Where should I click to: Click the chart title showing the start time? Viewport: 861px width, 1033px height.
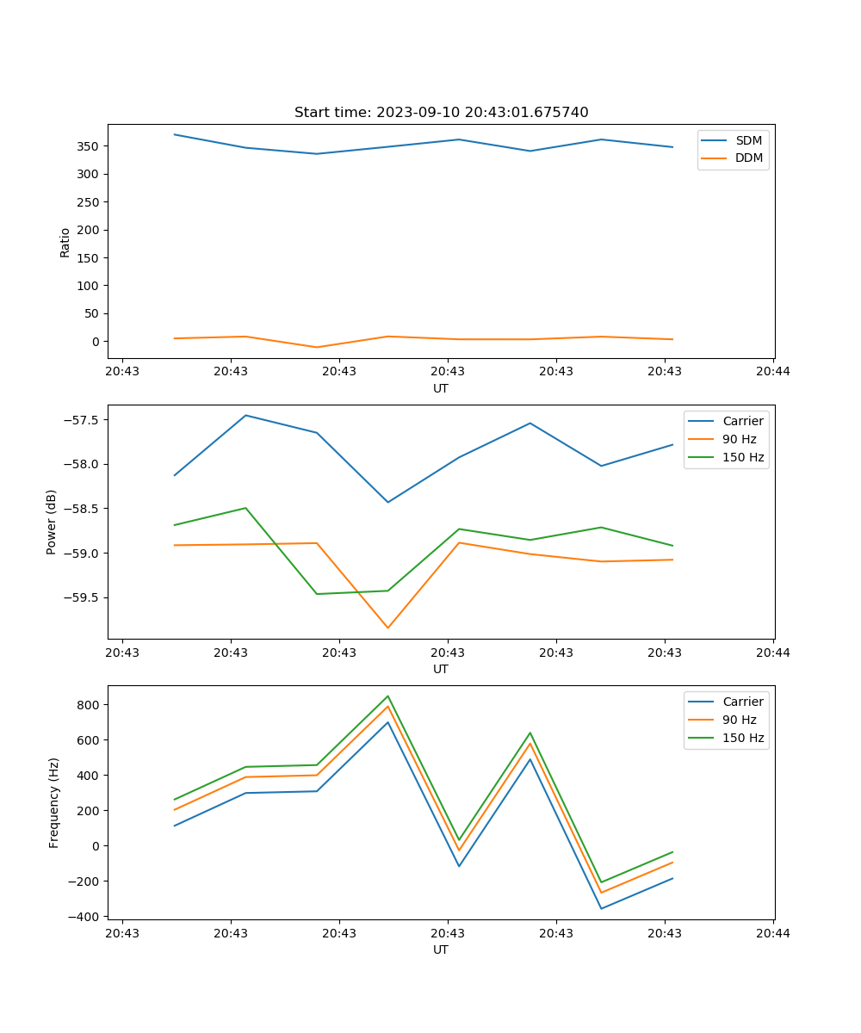point(441,113)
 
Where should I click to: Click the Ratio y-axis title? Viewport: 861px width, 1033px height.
point(65,242)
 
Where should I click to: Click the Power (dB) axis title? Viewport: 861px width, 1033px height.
point(52,522)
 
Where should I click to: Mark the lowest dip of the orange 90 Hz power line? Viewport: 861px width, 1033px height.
point(387,628)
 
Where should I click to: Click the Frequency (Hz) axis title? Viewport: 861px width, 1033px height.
point(54,802)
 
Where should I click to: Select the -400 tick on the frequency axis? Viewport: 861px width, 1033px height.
point(86,917)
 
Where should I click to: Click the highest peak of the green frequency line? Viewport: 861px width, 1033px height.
point(387,696)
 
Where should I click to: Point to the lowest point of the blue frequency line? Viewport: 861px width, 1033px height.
point(601,908)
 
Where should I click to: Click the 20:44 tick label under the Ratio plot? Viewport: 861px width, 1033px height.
point(773,372)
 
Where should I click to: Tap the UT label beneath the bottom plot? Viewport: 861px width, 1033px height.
point(441,949)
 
